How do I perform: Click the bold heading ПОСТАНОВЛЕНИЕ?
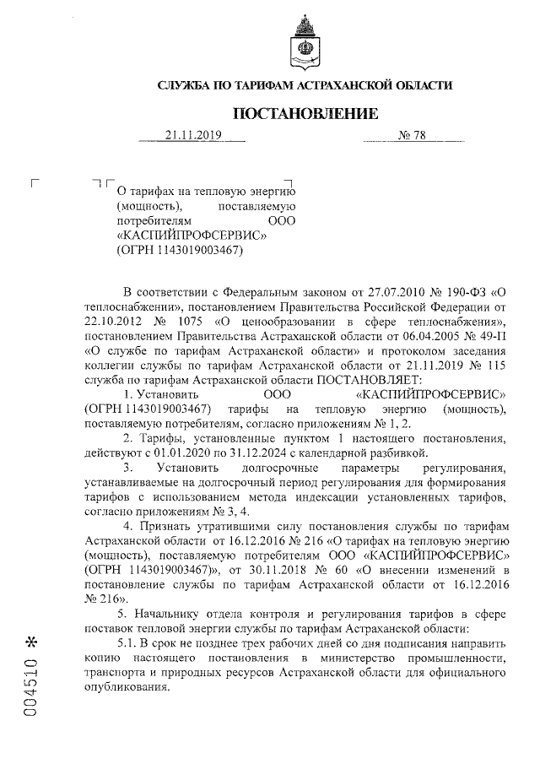point(305,113)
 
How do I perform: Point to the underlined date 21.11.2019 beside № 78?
point(192,135)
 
